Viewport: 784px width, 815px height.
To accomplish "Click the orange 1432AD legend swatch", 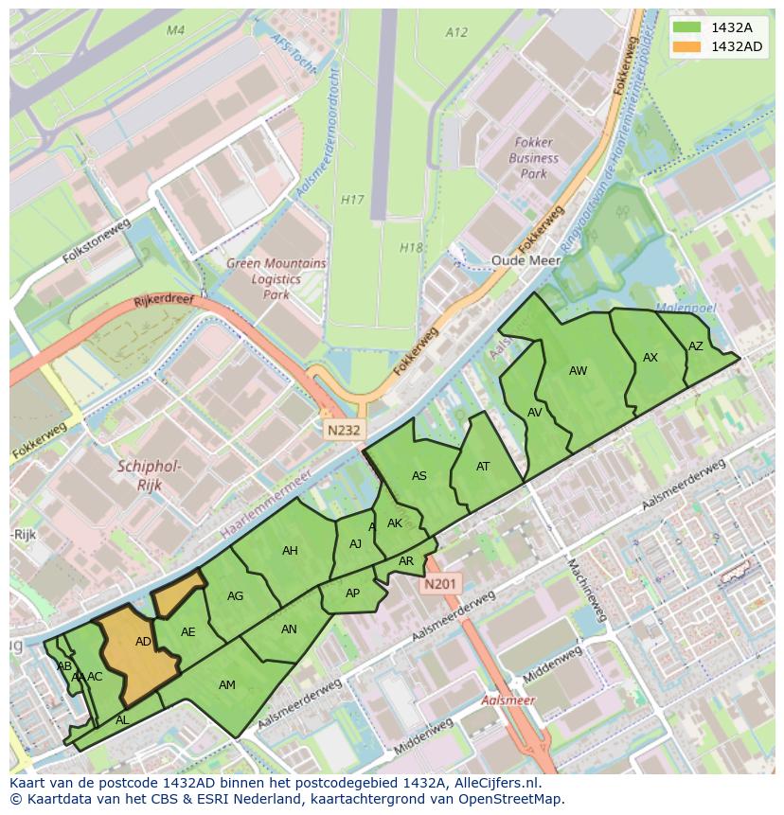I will coord(688,46).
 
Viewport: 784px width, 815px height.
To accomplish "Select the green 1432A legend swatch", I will coord(688,27).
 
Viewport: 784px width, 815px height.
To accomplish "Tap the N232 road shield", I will coord(345,430).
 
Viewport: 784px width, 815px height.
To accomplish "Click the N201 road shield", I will coord(440,584).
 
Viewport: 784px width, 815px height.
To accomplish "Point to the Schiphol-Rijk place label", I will coord(149,475).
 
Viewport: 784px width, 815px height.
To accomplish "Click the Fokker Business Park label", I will coord(534,159).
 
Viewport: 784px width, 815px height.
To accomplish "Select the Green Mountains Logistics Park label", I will coord(276,279).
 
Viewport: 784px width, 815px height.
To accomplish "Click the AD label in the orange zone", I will coord(143,642).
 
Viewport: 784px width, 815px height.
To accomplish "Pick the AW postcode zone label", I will coord(578,371).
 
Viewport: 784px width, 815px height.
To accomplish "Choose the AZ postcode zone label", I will coord(696,346).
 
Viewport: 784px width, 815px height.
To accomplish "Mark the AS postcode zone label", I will coord(419,476).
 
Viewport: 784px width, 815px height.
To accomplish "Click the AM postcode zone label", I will coord(227,685).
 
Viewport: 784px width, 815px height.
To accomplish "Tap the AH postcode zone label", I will coord(290,551).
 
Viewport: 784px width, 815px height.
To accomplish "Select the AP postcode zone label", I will coord(352,594).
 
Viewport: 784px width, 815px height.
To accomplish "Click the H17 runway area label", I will coord(352,200).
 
